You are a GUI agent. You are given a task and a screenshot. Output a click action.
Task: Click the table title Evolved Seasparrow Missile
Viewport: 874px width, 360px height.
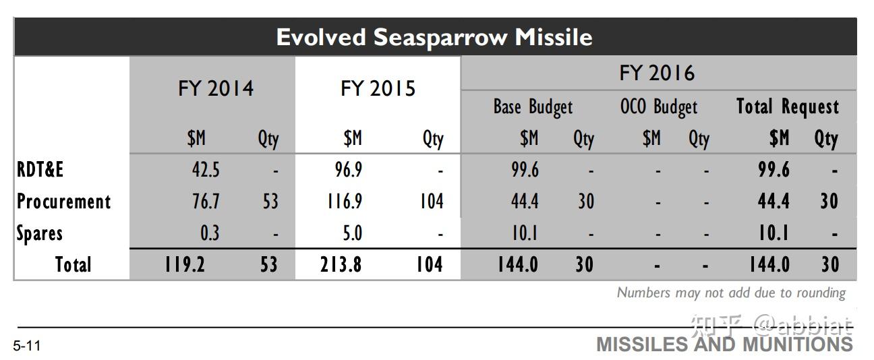coord(434,36)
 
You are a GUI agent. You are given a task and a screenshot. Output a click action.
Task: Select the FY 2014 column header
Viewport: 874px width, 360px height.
coord(216,88)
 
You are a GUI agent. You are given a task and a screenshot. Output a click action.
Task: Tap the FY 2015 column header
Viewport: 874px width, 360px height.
coord(378,88)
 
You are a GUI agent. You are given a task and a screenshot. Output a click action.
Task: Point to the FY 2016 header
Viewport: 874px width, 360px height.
coord(657,73)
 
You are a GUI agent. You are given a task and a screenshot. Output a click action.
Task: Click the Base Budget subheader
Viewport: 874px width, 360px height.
coord(533,107)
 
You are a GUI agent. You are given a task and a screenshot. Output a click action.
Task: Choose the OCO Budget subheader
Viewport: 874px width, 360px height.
coord(658,107)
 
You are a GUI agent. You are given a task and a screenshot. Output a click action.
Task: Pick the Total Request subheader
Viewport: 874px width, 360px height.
coord(787,107)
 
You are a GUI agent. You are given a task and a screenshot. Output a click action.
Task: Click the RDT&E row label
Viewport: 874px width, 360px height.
coord(40,170)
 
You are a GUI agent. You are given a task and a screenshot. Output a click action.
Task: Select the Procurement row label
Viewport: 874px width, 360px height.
coord(64,202)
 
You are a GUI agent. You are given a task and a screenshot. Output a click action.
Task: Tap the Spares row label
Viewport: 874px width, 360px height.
coord(40,233)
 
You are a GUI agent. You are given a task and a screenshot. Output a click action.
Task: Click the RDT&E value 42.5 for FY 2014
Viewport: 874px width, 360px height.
coord(206,170)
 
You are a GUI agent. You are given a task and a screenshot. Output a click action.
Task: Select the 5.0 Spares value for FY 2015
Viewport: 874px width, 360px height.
coord(353,233)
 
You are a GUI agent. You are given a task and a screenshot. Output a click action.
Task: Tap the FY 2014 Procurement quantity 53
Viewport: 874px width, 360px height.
coord(270,202)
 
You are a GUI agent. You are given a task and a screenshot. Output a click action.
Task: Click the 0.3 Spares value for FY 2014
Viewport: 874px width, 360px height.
coord(209,233)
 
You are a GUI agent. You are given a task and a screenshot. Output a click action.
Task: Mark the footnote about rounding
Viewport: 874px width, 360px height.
coord(731,293)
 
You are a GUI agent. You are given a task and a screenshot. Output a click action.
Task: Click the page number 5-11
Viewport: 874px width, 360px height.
coord(27,347)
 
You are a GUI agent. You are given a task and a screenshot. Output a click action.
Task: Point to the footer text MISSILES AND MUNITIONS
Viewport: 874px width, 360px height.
coord(724,344)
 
